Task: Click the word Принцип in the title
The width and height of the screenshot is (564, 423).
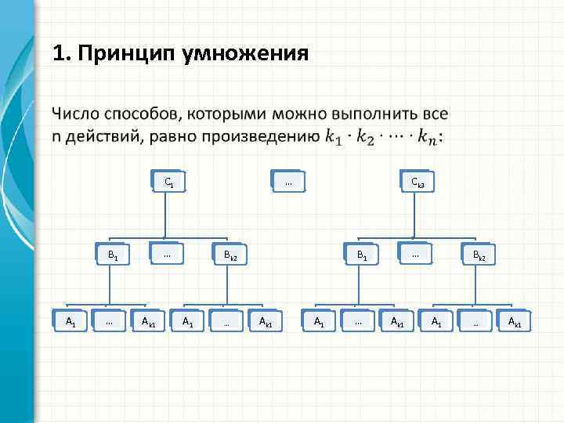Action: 127,54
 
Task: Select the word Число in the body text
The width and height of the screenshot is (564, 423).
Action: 77,115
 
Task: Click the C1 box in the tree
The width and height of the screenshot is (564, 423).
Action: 168,183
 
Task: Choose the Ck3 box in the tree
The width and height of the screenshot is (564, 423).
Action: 418,183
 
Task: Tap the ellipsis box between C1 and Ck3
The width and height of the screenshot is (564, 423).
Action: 287,183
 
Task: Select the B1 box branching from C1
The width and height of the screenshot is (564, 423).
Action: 113,255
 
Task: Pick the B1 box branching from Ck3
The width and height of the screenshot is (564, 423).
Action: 361,255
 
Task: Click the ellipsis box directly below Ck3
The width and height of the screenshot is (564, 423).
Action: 415,254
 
